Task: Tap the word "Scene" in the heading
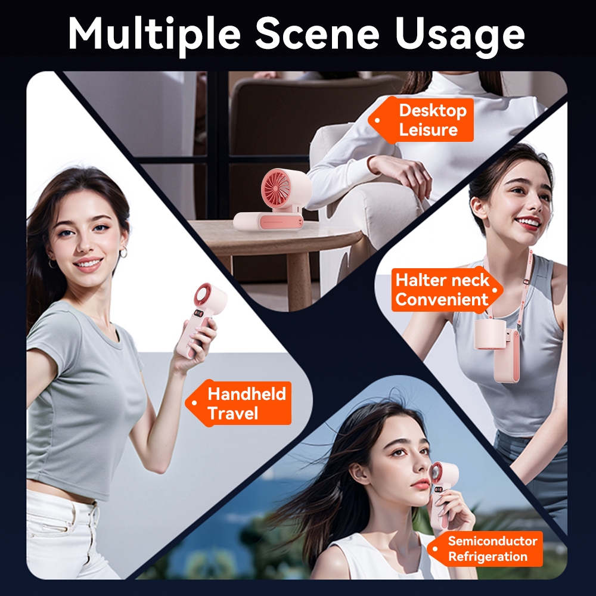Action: (318, 33)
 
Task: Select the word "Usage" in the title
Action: (460, 36)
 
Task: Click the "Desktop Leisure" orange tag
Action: (421, 120)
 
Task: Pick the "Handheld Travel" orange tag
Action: (239, 403)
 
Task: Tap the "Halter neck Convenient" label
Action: (447, 290)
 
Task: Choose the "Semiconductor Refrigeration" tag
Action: (485, 548)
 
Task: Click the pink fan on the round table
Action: (272, 200)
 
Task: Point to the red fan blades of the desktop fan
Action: (277, 187)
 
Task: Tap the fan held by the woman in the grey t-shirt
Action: (200, 319)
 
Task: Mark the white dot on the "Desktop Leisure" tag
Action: (377, 120)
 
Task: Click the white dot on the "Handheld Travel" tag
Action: (194, 403)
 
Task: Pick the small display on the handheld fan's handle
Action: (198, 314)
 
